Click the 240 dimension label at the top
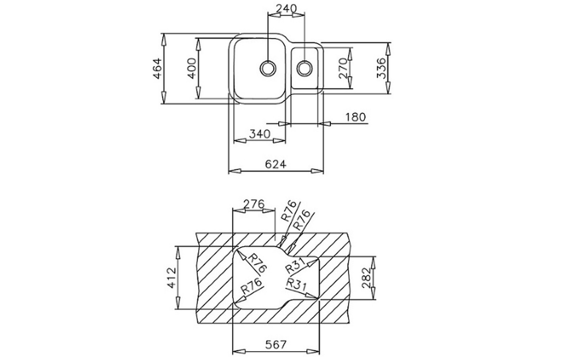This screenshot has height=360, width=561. pos(286,8)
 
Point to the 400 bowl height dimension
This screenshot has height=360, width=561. pos(191,68)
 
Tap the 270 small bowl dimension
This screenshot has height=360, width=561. pos(343,68)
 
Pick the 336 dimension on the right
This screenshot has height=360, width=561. pos(381,68)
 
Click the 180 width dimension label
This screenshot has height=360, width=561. pos(355,117)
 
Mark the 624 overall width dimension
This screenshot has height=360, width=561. pos(275,164)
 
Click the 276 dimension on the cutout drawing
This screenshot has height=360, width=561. pos(253,204)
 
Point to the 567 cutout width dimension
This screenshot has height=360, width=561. pos(276,344)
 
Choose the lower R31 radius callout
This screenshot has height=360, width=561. pos(296,284)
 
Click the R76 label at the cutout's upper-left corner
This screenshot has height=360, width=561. pos(257,262)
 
